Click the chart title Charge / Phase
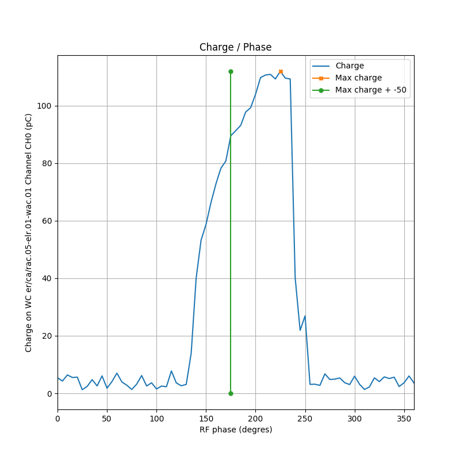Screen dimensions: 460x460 tap(235, 47)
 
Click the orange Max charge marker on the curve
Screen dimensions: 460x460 tap(281, 71)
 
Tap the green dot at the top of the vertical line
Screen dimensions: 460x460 tap(231, 71)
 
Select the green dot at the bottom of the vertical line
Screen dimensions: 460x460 tap(231, 393)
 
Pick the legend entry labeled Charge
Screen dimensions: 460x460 tap(350, 66)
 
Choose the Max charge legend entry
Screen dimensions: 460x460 tap(358, 78)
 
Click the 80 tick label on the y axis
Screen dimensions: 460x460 tap(48, 163)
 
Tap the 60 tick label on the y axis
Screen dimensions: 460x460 tap(48, 221)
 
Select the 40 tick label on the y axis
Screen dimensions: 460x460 tap(48, 278)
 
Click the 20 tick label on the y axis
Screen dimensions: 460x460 tap(48, 336)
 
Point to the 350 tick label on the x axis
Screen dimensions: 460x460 tap(404, 418)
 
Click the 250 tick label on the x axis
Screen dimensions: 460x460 tap(305, 418)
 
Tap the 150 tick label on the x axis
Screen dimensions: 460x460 tap(206, 418)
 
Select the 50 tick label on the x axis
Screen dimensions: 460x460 tap(107, 418)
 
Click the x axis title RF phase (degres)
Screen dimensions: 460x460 tap(235, 430)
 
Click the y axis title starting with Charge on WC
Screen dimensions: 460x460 tap(29, 232)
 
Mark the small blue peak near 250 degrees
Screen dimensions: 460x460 tap(305, 316)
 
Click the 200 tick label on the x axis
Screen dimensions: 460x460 tap(255, 418)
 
